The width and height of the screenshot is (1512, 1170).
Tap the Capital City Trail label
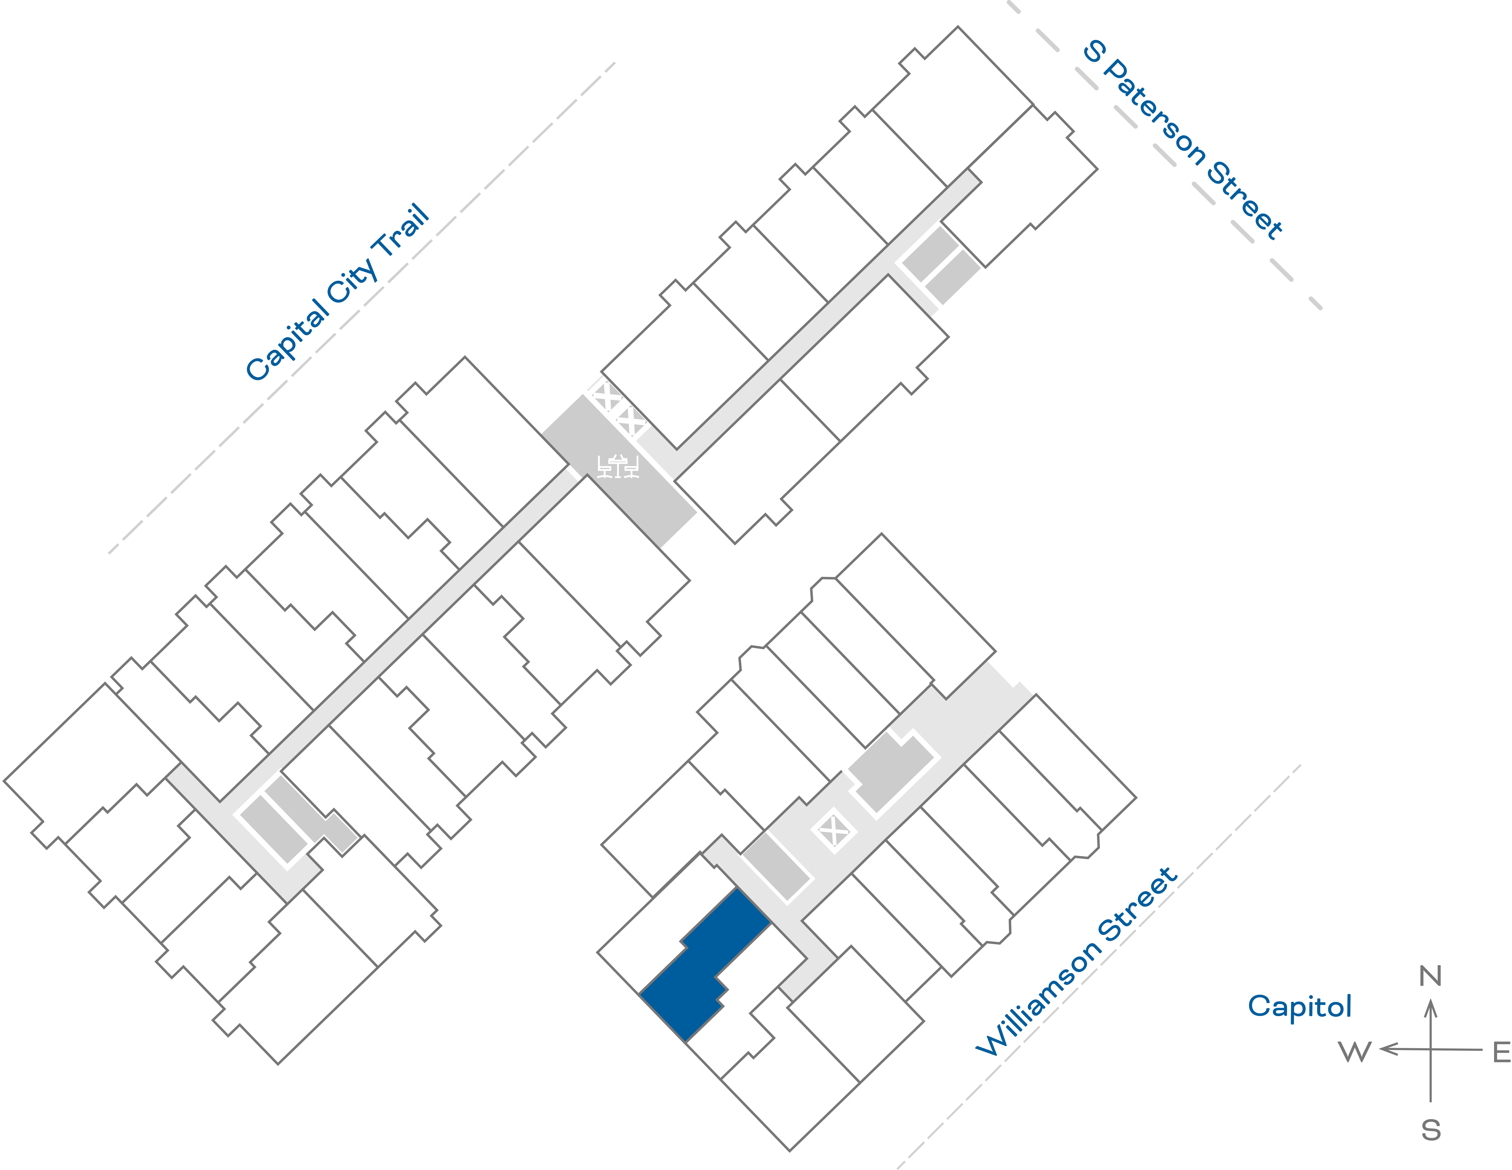tap(338, 292)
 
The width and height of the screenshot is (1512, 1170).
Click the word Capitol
tap(1299, 1006)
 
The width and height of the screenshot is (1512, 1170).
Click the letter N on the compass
tap(1430, 976)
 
